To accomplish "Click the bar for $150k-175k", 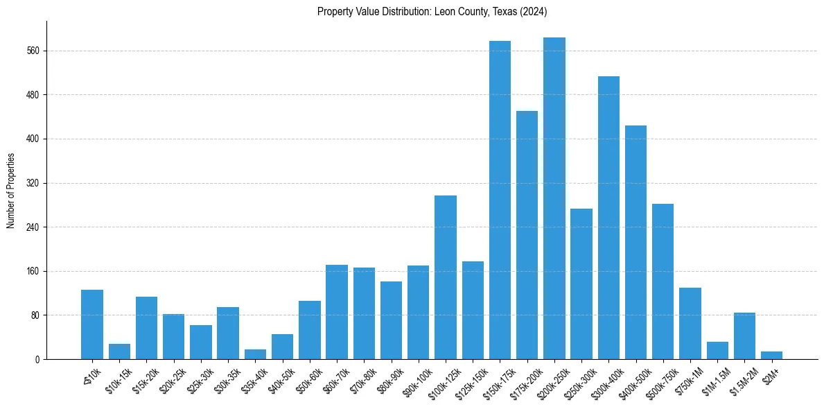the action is pyautogui.click(x=500, y=200).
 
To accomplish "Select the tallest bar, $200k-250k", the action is pyautogui.click(x=554, y=199).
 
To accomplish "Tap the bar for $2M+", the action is pyautogui.click(x=771, y=356).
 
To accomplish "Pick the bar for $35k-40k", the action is pyautogui.click(x=255, y=354).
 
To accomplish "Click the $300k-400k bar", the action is pyautogui.click(x=608, y=218).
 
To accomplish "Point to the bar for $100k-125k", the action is pyautogui.click(x=446, y=277).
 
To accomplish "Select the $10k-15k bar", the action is pyautogui.click(x=119, y=351).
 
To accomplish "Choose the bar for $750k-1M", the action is pyautogui.click(x=690, y=324).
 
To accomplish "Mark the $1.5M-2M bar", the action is pyautogui.click(x=744, y=336).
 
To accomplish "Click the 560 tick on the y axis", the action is pyautogui.click(x=35, y=51).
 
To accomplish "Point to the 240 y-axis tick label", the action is pyautogui.click(x=35, y=227).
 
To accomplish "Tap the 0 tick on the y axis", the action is pyautogui.click(x=38, y=360).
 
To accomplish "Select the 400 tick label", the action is pyautogui.click(x=35, y=139).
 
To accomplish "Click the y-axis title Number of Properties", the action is pyautogui.click(x=10, y=191).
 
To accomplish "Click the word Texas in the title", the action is pyautogui.click(x=498, y=12).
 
